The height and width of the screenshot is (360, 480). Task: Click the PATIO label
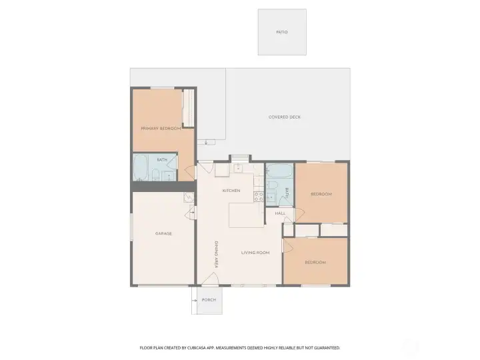click(282, 32)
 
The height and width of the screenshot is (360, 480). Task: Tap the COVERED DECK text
click(285, 117)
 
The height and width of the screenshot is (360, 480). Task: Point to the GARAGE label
click(163, 233)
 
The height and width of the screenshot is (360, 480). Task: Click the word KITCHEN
click(231, 191)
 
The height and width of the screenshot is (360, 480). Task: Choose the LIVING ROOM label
click(255, 252)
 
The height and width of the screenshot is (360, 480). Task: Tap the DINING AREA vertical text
click(216, 255)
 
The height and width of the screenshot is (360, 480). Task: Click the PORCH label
click(209, 300)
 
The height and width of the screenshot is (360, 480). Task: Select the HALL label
click(280, 213)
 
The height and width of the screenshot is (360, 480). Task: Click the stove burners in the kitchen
click(259, 197)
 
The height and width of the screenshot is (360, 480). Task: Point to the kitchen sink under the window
click(239, 169)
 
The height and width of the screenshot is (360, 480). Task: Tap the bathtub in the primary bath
click(141, 168)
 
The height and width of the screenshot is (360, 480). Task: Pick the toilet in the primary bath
click(155, 175)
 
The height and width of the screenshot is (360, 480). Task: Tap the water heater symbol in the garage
click(189, 198)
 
